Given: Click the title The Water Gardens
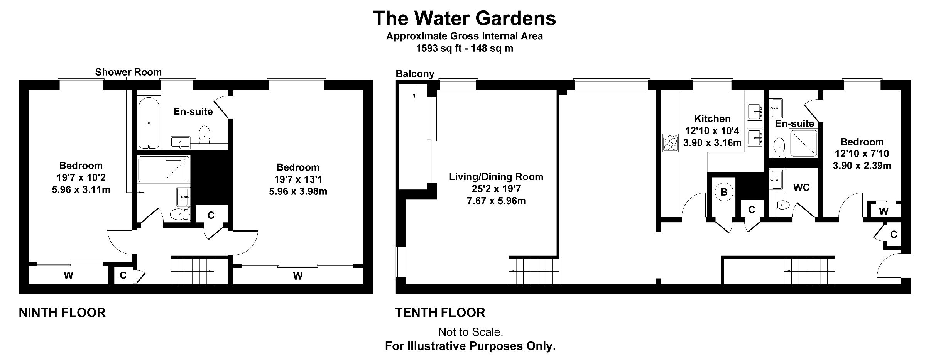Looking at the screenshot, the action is coord(465,18).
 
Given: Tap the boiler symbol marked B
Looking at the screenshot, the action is coord(724,192).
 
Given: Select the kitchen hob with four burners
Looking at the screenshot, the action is coord(670,143).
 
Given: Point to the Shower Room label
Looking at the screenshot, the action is coord(128,72).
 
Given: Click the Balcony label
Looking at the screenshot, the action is coord(415,74).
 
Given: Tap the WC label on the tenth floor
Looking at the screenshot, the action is coord(801,188).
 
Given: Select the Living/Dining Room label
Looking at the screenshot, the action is coord(496,177).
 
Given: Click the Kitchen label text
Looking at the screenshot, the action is coord(712,118).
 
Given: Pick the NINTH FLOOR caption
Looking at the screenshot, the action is coord(62,313).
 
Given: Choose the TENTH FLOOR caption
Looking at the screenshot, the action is coord(440,313).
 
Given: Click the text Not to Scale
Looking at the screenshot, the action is coord(471,332).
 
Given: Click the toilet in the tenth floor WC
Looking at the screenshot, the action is coord(781,205).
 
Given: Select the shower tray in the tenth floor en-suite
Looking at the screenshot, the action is coord(803,143).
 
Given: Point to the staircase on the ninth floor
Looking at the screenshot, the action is coord(193,271).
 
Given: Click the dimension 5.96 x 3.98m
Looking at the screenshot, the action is coord(298,191).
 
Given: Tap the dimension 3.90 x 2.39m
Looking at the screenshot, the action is coord(862,166).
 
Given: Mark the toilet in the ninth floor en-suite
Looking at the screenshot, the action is coord(204,134).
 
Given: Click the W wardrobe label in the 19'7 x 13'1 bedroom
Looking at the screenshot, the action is coord(298,276).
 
